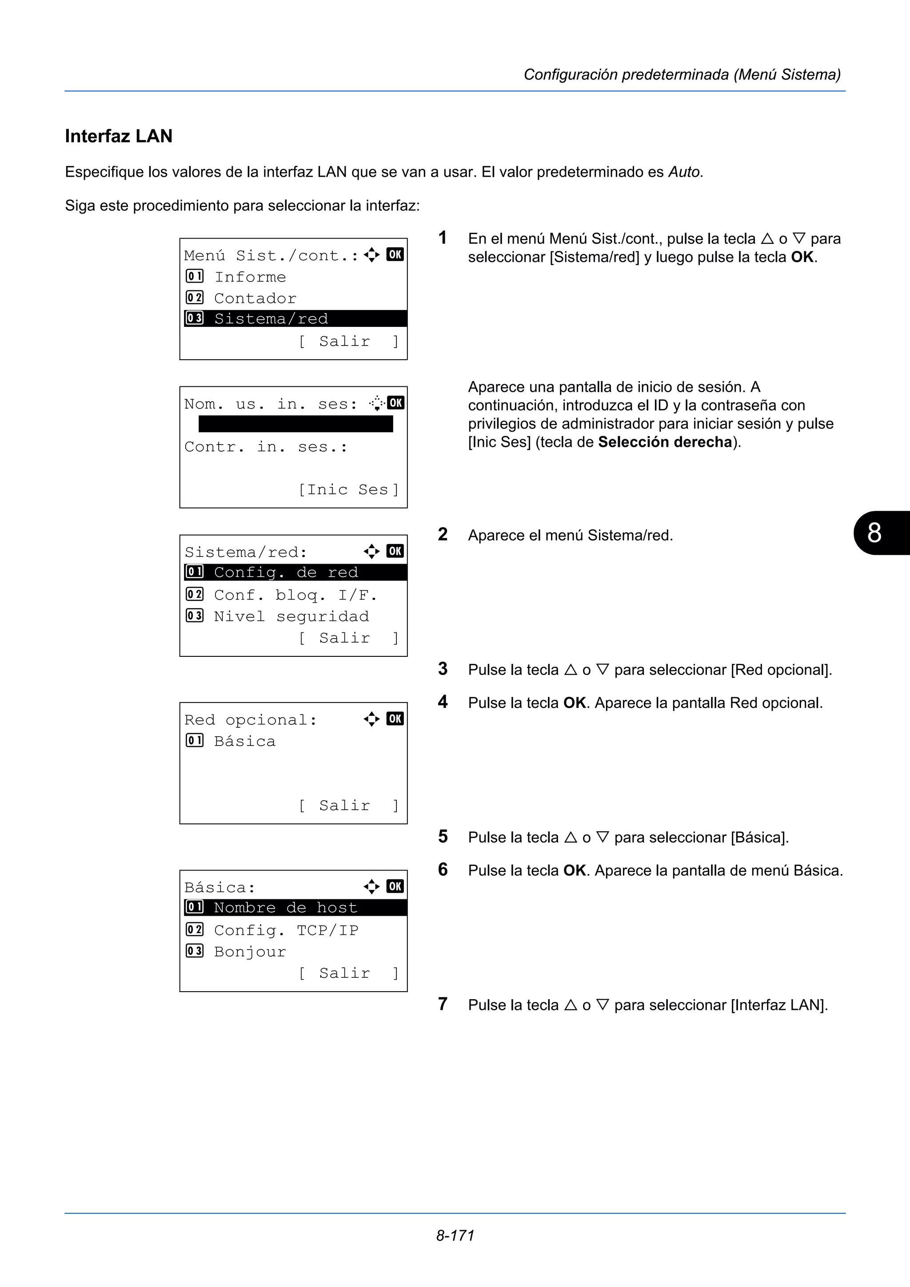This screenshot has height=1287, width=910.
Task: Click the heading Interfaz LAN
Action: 118,136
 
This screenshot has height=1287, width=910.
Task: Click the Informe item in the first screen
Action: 250,277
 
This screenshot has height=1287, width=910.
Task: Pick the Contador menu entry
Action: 255,298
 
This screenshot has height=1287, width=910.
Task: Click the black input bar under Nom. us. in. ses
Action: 295,424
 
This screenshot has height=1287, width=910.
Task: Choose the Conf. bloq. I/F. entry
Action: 295,595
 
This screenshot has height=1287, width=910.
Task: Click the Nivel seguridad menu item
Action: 291,616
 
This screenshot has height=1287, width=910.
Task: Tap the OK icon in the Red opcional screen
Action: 395,719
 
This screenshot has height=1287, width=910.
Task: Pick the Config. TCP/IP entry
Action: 286,930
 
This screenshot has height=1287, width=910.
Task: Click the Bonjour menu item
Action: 250,951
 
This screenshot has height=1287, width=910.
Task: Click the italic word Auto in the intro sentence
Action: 683,171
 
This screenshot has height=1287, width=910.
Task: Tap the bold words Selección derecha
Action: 664,442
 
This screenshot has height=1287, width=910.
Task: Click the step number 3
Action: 443,668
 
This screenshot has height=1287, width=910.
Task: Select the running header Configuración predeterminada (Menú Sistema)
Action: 682,75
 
